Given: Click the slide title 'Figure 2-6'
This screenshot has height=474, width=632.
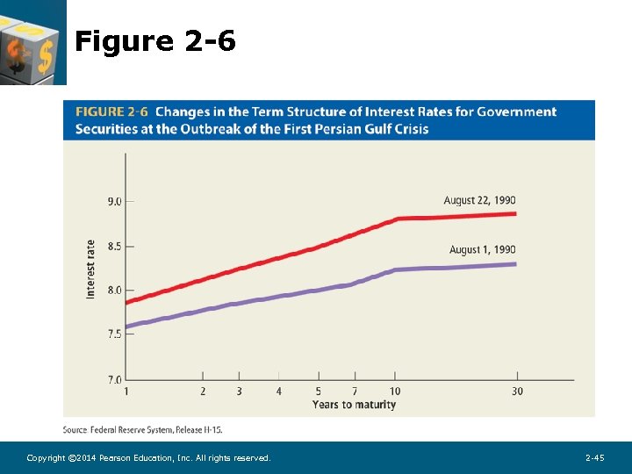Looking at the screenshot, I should tap(155, 40).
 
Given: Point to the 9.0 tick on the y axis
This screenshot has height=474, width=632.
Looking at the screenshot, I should tap(115, 201).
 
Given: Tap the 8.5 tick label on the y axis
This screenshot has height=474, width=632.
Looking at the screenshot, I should tap(115, 247).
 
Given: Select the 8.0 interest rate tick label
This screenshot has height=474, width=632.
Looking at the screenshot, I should tap(115, 291).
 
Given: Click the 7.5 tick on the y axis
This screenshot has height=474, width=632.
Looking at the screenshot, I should tap(115, 334).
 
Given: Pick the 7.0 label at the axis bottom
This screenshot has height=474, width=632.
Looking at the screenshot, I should tap(115, 379).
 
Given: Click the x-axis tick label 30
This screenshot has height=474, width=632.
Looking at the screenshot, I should tap(517, 391).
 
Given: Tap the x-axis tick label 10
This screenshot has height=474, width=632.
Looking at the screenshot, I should tap(395, 391).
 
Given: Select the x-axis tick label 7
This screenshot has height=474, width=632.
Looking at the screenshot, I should tap(355, 391).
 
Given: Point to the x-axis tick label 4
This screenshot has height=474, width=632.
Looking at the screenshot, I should tap(279, 391).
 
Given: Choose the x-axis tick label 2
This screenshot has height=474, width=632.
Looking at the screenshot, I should tap(203, 391).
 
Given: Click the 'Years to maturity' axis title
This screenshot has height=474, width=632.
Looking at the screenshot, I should tap(354, 405).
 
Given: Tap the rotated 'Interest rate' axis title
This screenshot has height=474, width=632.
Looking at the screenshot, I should tap(90, 269).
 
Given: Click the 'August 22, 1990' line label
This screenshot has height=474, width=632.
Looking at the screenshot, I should tap(479, 200).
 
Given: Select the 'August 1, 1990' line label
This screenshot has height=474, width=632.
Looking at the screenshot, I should tap(482, 250).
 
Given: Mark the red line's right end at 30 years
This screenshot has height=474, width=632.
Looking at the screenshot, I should tap(514, 213).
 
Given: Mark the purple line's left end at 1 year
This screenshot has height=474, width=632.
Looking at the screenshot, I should tap(127, 327).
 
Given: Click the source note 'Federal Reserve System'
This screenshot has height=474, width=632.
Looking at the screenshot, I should tap(142, 429).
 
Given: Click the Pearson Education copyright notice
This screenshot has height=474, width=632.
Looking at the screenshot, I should tap(148, 458).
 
